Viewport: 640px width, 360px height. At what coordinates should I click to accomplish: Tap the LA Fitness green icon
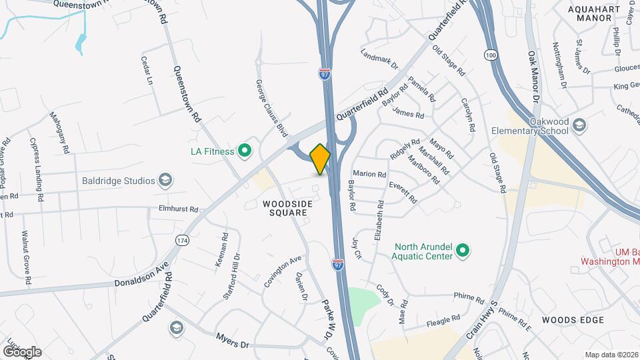point(244,151)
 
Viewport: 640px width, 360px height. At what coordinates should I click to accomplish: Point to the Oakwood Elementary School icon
point(579,125)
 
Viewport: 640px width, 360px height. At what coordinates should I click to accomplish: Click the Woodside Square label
point(285,208)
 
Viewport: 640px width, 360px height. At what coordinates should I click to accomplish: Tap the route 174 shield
point(181,239)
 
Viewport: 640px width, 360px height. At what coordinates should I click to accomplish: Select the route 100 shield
point(491,55)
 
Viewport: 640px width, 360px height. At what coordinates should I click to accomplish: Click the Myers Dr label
point(232,341)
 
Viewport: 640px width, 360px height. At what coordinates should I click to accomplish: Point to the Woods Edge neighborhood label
point(573,320)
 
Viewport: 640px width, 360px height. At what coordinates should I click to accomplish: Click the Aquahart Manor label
point(589,14)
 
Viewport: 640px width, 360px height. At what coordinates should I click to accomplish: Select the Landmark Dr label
point(379,58)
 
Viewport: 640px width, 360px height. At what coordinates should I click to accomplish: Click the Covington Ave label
point(283,271)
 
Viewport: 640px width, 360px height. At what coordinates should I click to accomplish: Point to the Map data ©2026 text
point(611,355)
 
